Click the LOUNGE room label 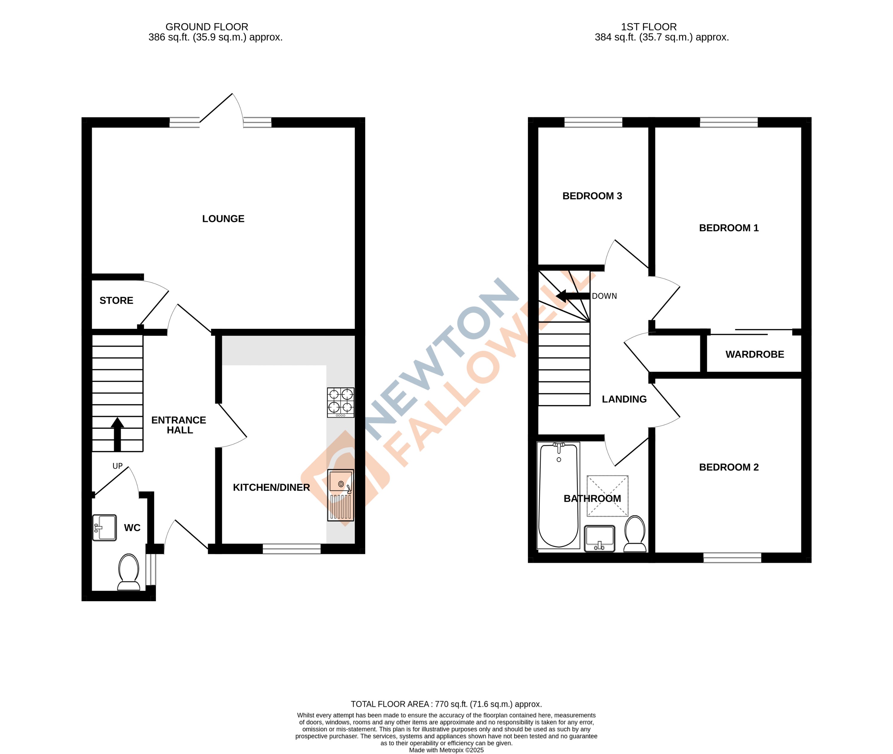tap(223, 219)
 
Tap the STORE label tap(116, 300)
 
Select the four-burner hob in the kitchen tap(341, 402)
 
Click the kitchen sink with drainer tap(341, 495)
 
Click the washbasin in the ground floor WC tap(105, 528)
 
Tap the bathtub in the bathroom tap(558, 495)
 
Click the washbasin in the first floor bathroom tap(599, 539)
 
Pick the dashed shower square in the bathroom tap(607, 496)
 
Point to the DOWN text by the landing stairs tap(604, 296)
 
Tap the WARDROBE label tap(755, 354)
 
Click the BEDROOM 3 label tap(592, 196)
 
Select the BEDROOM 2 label tap(729, 467)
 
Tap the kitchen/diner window tap(291, 549)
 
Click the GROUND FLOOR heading tap(207, 27)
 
